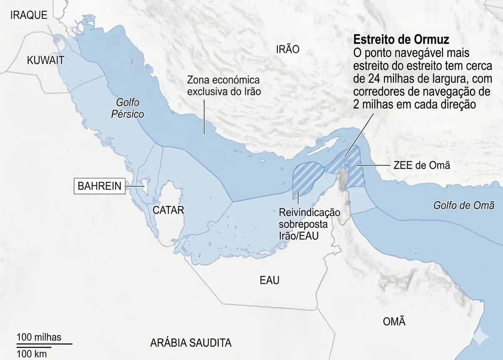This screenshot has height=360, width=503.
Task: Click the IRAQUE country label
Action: [x=29, y=15]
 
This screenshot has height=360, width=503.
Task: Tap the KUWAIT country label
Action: [x=45, y=60]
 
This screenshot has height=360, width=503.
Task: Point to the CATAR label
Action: [x=168, y=210]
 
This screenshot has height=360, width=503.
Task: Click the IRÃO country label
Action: [x=287, y=50]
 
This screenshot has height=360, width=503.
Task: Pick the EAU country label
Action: [x=269, y=280]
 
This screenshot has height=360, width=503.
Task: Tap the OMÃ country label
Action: [x=393, y=322]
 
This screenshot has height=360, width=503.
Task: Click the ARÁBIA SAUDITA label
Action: [x=191, y=343]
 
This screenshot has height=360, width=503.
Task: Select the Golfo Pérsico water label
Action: [x=127, y=108]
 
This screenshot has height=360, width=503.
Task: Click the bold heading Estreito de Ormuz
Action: [x=401, y=40]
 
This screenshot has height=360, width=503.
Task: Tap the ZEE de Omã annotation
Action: [x=421, y=165]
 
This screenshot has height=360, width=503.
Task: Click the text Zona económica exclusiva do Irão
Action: [x=224, y=85]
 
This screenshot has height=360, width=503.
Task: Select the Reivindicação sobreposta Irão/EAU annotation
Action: [x=309, y=224]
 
